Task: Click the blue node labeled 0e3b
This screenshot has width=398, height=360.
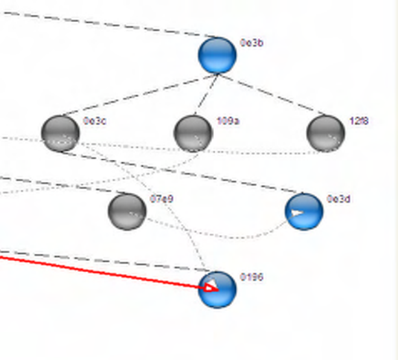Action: pos(217,55)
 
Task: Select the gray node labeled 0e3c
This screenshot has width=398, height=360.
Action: pos(60,133)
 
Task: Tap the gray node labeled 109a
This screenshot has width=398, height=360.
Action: pos(193,133)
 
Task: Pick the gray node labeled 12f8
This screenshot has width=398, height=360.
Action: pos(325,133)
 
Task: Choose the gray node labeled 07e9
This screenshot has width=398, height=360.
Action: pos(127,211)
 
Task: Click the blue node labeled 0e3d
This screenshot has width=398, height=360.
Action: pos(304,211)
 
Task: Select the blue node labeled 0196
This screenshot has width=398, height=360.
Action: pos(217,289)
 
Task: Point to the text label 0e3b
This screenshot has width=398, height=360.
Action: pos(252,43)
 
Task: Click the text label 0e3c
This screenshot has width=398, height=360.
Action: pos(95,120)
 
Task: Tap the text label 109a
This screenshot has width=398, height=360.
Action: pos(228,120)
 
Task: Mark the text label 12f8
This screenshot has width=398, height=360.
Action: pos(359,120)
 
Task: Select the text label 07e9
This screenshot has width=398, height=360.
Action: pos(161,199)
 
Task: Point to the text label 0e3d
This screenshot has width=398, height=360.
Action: pos(338,199)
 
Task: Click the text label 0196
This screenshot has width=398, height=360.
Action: pos(252,277)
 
